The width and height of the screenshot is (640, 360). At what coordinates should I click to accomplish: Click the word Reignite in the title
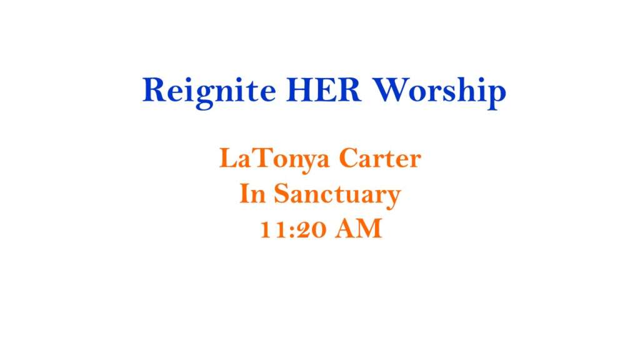[x=209, y=92]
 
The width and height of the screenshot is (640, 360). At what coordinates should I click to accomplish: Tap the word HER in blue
[x=324, y=90]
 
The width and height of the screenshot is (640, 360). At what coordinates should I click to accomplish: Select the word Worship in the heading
[x=439, y=92]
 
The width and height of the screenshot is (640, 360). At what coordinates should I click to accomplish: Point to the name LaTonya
[x=274, y=159]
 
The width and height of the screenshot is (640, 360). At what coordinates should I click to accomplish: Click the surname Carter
[x=380, y=158]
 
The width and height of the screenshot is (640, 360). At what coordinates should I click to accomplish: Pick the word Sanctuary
[x=337, y=196]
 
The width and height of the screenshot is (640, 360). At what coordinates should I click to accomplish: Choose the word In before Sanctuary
[x=252, y=194]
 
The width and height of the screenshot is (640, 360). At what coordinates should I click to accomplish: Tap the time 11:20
[x=293, y=229]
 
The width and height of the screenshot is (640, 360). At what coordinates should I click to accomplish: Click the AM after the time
[x=359, y=229]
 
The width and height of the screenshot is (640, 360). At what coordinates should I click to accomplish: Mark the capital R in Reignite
[x=154, y=90]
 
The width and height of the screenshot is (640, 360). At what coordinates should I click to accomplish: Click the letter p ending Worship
[x=496, y=96]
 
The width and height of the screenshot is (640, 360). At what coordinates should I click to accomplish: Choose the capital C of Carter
[x=348, y=158]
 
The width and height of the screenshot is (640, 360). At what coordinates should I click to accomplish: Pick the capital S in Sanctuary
[x=281, y=194]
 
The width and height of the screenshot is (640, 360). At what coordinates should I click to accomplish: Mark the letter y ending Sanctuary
[x=392, y=199]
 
